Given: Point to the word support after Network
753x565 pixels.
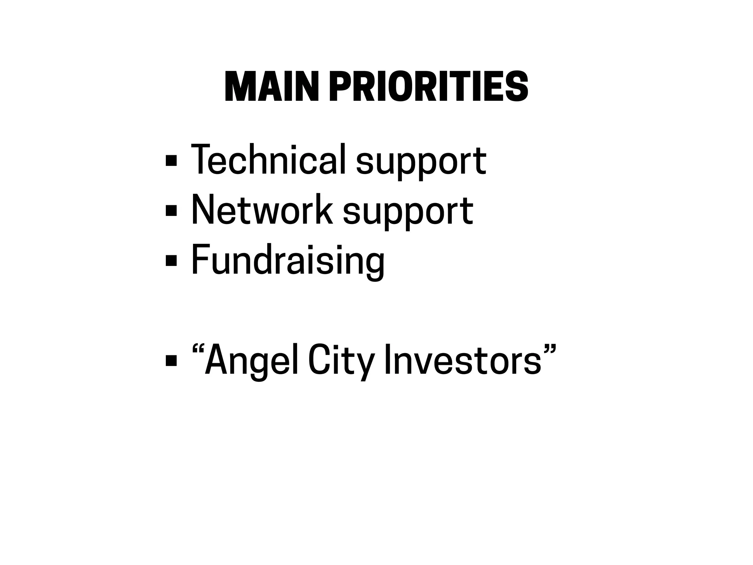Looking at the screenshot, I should click(408, 213).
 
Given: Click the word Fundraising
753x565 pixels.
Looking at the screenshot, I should click(288, 260).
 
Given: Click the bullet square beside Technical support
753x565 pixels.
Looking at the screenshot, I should click(171, 160).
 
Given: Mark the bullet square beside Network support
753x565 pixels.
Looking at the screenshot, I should click(171, 211).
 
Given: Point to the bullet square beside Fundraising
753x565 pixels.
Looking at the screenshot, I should click(171, 261).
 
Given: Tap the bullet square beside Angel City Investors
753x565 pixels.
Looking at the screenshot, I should click(171, 360).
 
